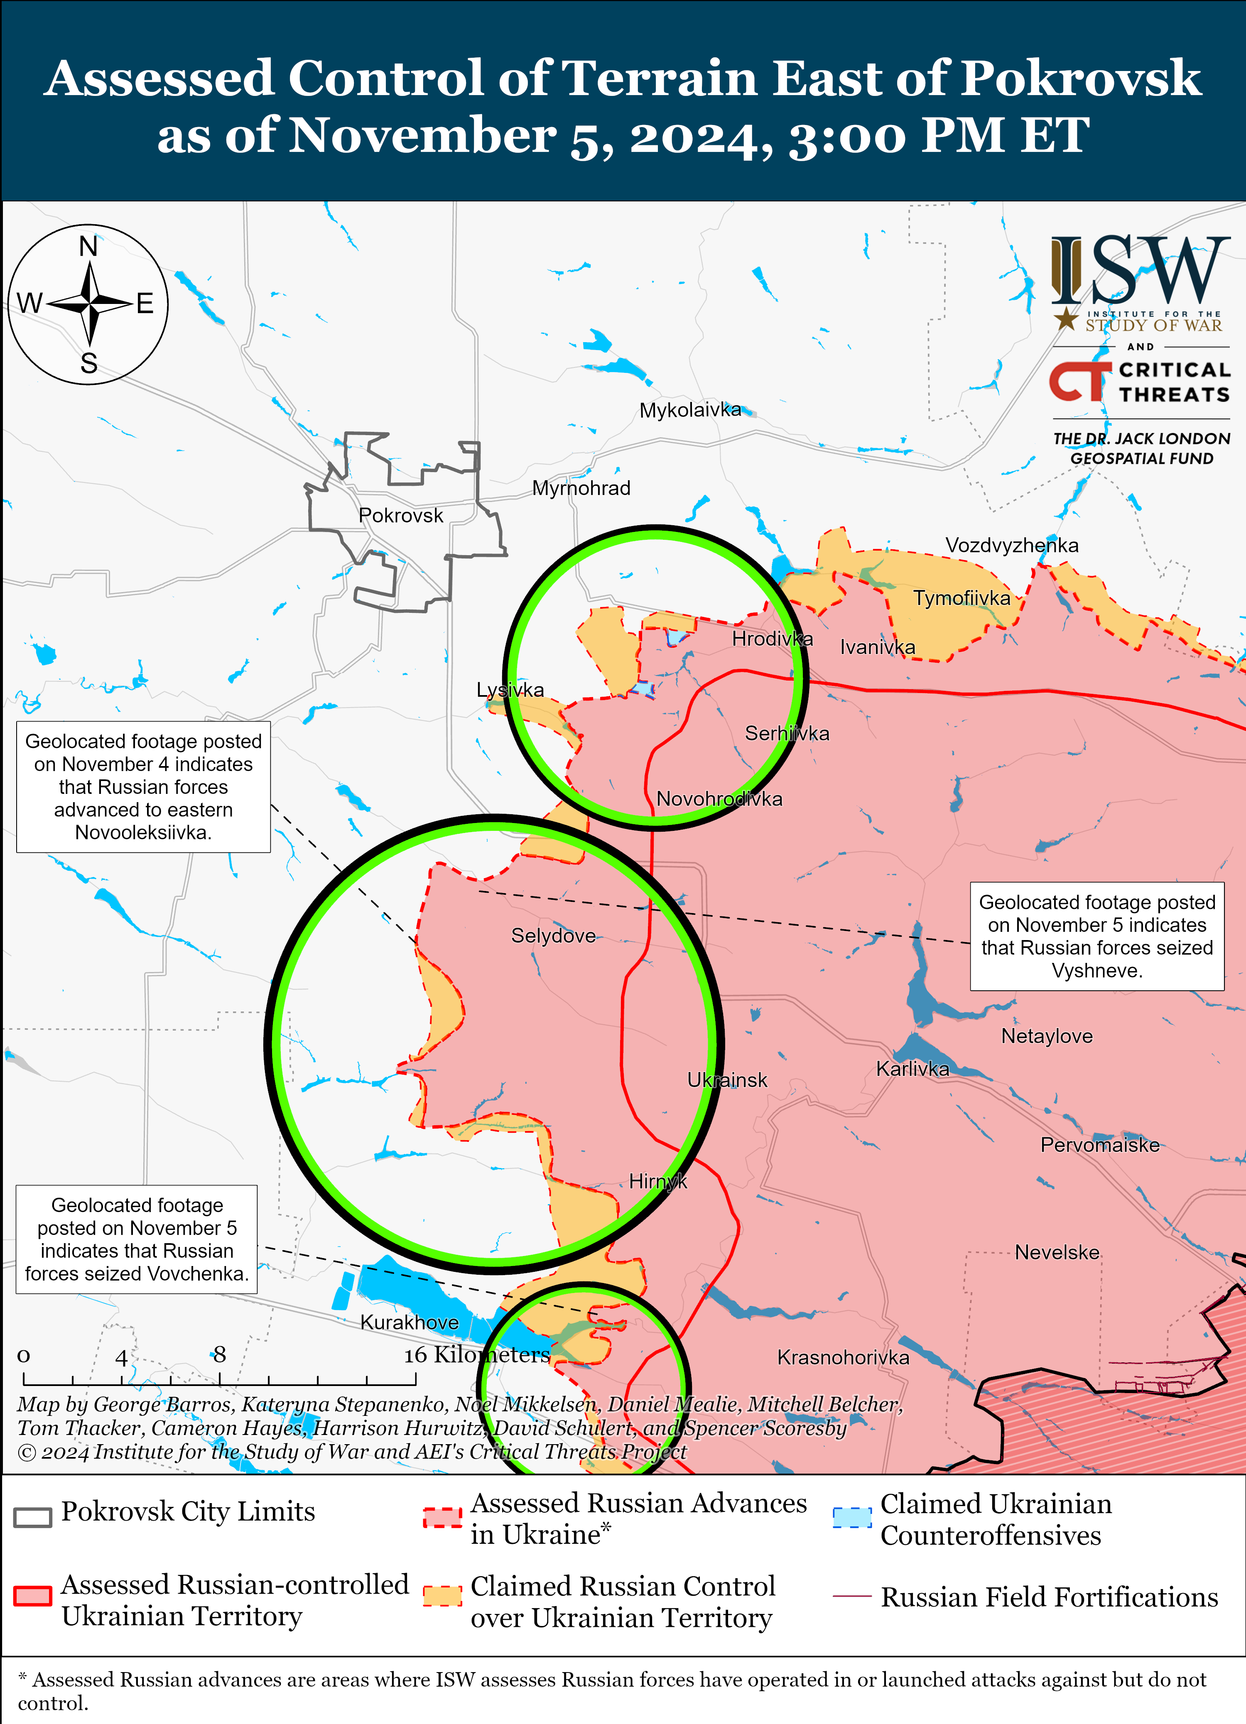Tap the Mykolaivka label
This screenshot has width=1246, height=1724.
click(x=689, y=411)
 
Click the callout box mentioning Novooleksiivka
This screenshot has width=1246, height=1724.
click(x=144, y=787)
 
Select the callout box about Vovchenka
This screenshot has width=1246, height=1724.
click(x=137, y=1239)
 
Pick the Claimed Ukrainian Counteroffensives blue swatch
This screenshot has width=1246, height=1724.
click(x=851, y=1517)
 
